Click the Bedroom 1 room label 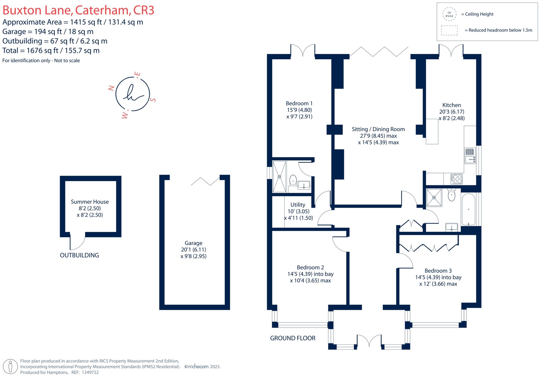[299, 103]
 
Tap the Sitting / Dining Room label [378, 129]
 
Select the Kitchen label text [452, 105]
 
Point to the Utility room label [298, 205]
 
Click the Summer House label [90, 202]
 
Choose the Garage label [194, 243]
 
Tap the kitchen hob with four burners [456, 179]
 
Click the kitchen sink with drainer [470, 156]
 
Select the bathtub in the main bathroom [469, 209]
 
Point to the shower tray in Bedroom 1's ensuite [279, 176]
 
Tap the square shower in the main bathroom [434, 197]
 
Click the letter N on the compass [112, 88]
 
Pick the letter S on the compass [153, 100]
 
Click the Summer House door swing [77, 241]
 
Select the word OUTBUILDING [79, 255]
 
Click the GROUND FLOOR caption [293, 338]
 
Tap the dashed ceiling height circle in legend [449, 14]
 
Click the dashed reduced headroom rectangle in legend [449, 30]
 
